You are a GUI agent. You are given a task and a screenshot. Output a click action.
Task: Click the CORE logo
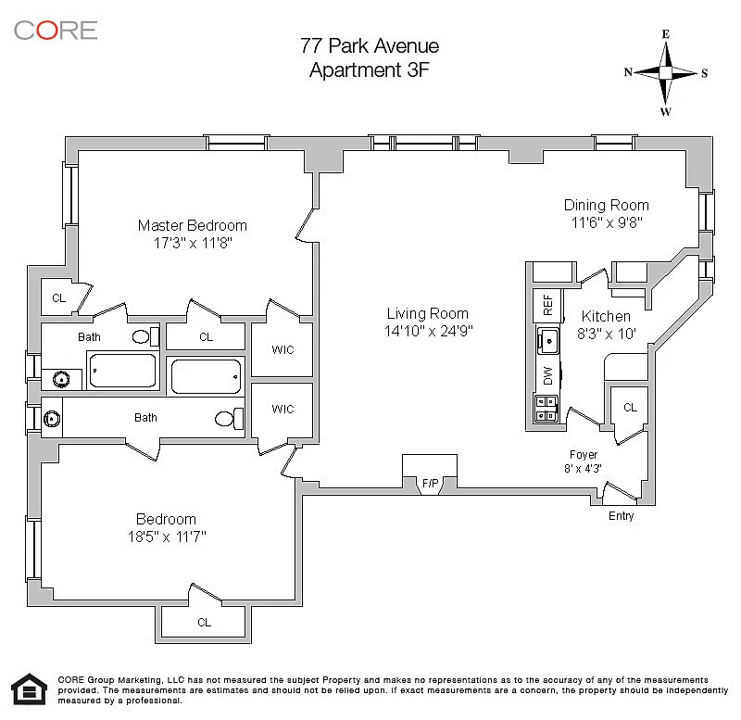[x=56, y=31]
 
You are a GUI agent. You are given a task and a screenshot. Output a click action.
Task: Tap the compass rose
[x=665, y=73]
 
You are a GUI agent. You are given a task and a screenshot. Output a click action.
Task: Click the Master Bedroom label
[x=193, y=225]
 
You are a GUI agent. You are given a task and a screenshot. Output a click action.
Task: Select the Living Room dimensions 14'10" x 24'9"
[x=428, y=331]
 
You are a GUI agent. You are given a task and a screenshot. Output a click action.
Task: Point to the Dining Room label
[x=607, y=205]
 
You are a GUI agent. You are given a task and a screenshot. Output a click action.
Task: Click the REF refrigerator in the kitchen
[x=547, y=305]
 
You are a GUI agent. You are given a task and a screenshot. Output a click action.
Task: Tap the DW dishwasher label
[x=547, y=375]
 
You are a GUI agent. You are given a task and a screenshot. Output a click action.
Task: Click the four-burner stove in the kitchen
[x=546, y=409]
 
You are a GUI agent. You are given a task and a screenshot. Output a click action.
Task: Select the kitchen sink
[x=548, y=340]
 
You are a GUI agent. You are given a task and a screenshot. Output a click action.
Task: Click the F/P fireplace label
[x=430, y=483]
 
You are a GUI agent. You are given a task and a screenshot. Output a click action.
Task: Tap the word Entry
[x=621, y=516]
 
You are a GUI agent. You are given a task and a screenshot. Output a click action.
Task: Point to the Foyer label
[x=584, y=455]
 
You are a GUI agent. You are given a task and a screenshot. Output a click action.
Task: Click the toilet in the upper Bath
[x=145, y=336]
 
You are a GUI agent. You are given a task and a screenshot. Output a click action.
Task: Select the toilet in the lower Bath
[x=229, y=419]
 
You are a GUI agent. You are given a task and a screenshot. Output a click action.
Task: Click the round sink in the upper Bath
[x=61, y=379]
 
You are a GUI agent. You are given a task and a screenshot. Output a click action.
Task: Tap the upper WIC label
[x=283, y=350]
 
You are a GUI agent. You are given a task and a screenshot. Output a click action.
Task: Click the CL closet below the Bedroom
[x=204, y=622]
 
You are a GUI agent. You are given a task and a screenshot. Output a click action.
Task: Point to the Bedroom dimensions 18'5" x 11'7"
[x=167, y=537]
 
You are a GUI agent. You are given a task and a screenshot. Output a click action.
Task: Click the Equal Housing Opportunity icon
[x=30, y=688]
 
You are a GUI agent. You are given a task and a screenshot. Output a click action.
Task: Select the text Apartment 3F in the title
[x=370, y=70]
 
